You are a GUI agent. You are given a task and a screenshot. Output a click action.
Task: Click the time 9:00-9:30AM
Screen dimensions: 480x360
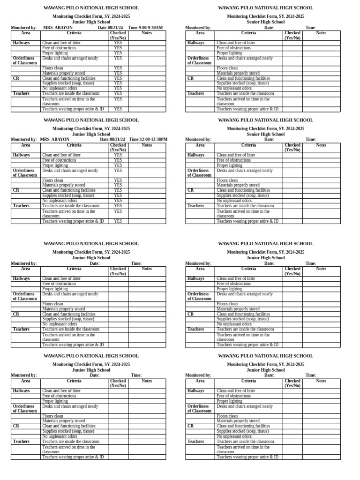pyautogui.click(x=150, y=28)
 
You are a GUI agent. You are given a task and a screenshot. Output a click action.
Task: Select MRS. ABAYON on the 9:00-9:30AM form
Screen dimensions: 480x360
pyautogui.click(x=58, y=28)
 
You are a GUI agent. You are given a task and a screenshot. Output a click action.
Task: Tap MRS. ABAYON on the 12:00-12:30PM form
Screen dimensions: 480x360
pyautogui.click(x=54, y=139)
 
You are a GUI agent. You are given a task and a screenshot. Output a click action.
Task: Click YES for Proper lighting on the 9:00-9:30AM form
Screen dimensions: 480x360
pyautogui.click(x=118, y=53)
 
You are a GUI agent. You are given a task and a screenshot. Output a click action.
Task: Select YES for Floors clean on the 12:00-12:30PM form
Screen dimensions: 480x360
pyautogui.click(x=118, y=180)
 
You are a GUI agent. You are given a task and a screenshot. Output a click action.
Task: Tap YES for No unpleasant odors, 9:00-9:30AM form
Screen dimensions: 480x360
pyautogui.click(x=118, y=88)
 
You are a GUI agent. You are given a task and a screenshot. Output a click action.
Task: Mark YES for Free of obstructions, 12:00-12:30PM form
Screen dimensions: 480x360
pyautogui.click(x=118, y=160)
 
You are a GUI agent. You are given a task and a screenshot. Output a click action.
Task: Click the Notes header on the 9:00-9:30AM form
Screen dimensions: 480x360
pyautogui.click(x=147, y=33)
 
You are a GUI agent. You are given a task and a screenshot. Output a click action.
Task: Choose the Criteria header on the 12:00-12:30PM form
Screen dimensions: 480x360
pyautogui.click(x=74, y=145)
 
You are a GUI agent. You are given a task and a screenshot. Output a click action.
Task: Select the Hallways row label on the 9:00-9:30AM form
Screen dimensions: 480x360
pyautogui.click(x=22, y=43)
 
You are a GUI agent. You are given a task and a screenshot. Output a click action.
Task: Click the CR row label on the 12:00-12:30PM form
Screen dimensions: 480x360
pyautogui.click(x=16, y=190)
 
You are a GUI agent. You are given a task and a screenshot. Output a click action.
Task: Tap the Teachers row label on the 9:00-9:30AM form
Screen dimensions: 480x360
pyautogui.click(x=21, y=93)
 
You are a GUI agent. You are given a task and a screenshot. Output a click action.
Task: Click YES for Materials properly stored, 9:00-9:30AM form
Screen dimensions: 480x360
pyautogui.click(x=118, y=73)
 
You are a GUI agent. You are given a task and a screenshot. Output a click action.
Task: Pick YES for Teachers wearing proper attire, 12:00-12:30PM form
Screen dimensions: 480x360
pyautogui.click(x=118, y=221)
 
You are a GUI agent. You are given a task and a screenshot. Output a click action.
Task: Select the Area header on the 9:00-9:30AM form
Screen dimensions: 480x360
pyautogui.click(x=26, y=33)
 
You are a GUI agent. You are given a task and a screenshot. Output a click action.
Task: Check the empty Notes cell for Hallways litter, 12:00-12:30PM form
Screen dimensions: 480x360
pyautogui.click(x=147, y=155)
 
